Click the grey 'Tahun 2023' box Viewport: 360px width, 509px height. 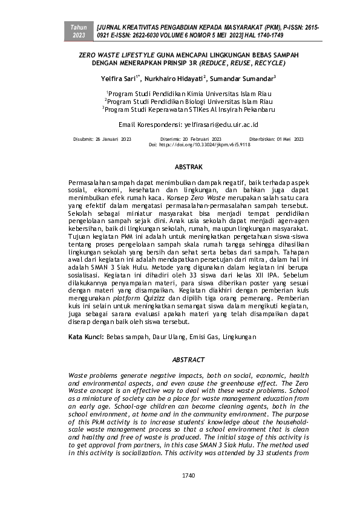(79, 32)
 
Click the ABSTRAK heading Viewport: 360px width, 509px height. (188, 166)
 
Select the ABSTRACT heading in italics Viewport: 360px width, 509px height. (188, 360)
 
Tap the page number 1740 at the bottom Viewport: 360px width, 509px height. (188, 476)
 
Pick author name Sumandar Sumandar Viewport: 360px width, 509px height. (243, 78)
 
